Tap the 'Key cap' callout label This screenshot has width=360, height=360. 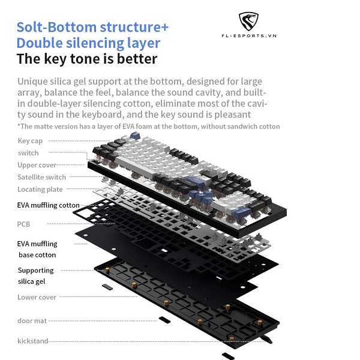pyautogui.click(x=29, y=140)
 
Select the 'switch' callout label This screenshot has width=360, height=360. pyautogui.click(x=28, y=153)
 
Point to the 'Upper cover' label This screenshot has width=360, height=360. pyautogui.click(x=37, y=165)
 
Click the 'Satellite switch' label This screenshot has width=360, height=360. pyautogui.click(x=42, y=177)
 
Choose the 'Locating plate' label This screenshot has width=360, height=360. pyautogui.click(x=40, y=190)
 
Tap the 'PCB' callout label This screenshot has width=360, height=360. pyautogui.click(x=24, y=224)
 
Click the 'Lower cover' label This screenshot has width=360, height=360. pyautogui.click(x=37, y=297)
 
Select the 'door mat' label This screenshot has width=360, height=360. pyautogui.click(x=32, y=321)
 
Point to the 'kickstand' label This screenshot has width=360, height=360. pyautogui.click(x=33, y=341)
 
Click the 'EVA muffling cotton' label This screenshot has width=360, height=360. pyautogui.click(x=48, y=205)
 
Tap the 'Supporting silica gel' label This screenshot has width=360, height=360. pyautogui.click(x=35, y=275)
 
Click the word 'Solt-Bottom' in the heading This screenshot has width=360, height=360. pyautogui.click(x=55, y=28)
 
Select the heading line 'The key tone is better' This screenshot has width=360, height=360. pyautogui.click(x=87, y=59)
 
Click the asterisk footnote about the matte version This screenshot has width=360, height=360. pyautogui.click(x=148, y=126)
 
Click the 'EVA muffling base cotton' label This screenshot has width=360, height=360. pyautogui.click(x=37, y=249)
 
